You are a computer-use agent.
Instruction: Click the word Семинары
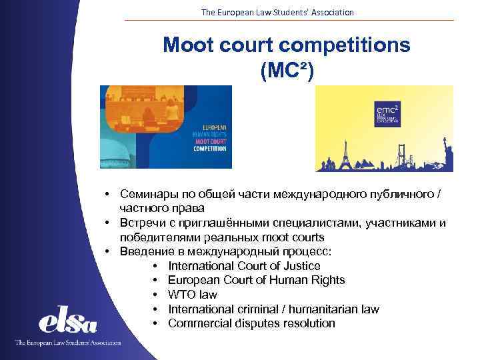pyautogui.click(x=149, y=193)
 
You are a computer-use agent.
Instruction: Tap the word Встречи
pyautogui.click(x=144, y=223)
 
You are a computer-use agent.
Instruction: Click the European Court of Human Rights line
pyautogui.click(x=256, y=280)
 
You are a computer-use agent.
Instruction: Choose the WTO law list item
pyautogui.click(x=193, y=295)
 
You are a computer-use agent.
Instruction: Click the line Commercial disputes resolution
pyautogui.click(x=251, y=323)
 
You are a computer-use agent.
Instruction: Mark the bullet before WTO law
pyautogui.click(x=155, y=295)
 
